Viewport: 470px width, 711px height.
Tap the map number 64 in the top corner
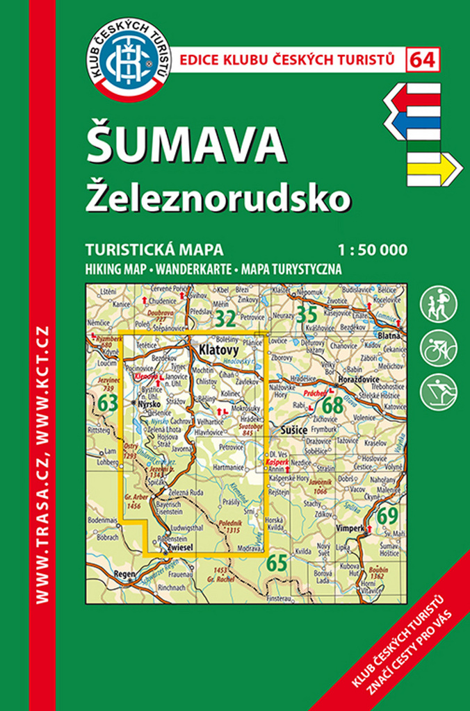point(423,60)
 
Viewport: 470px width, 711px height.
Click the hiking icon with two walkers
point(439,303)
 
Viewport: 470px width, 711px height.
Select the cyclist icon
point(439,347)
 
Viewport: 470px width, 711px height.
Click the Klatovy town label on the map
point(218,351)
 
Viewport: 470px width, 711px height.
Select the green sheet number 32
point(225,319)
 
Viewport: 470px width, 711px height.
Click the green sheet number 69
point(387,517)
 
